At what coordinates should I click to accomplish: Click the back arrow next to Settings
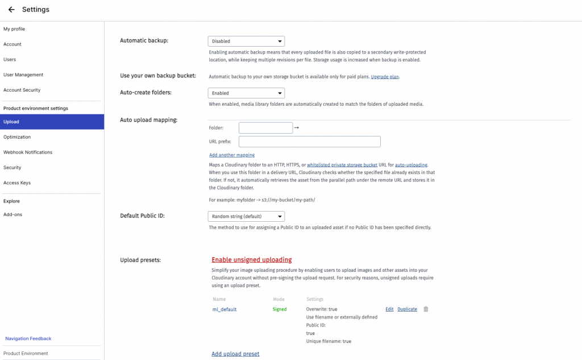11,10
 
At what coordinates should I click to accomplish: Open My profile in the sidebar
14,29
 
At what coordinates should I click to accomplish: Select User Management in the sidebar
23,75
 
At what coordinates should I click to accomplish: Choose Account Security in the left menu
22,90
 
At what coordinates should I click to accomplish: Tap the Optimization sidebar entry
17,137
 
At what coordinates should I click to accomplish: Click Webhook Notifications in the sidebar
28,152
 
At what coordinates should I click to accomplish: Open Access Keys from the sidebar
17,183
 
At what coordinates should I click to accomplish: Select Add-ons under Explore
13,214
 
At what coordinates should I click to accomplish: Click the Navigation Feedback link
28,338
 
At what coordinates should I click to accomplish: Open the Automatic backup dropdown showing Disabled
246,41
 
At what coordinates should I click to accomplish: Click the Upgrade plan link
385,76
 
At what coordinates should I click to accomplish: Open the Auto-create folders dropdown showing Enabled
246,93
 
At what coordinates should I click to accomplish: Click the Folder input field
265,128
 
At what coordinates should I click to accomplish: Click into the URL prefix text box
309,142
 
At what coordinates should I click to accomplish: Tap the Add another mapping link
232,155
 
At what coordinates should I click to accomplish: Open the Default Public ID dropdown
246,217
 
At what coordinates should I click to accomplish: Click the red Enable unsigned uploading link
252,260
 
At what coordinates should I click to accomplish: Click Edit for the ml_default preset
389,309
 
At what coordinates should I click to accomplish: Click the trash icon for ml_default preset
426,309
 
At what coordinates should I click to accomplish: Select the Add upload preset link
235,354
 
